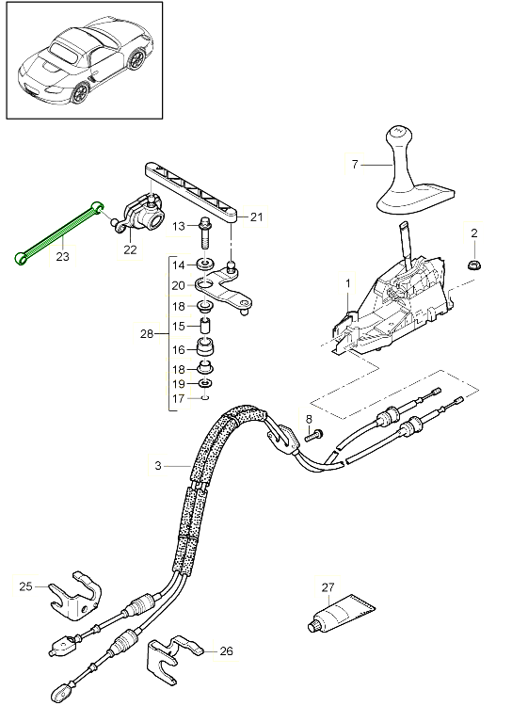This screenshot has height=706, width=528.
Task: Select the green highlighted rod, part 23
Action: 58,233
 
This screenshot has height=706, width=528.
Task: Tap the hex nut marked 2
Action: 474,265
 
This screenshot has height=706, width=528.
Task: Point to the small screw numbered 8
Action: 314,436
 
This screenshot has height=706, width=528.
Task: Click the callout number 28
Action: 147,334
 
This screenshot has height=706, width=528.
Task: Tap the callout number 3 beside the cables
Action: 157,466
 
